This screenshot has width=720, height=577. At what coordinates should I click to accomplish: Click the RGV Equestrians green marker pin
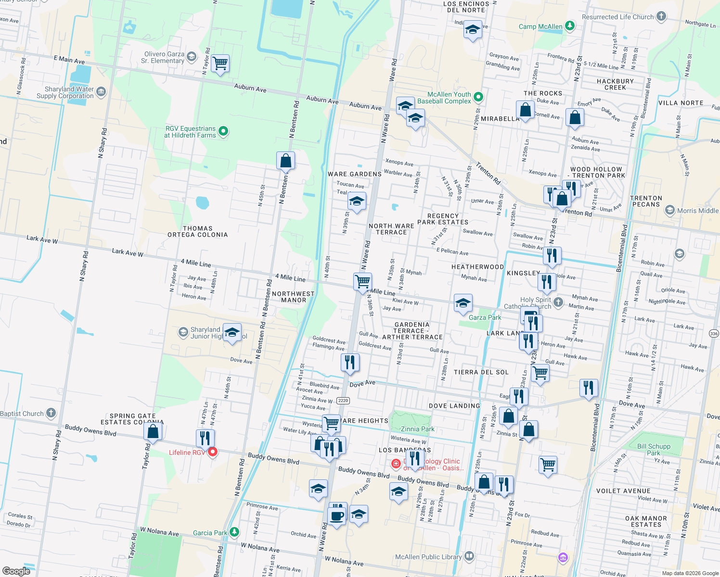(x=223, y=131)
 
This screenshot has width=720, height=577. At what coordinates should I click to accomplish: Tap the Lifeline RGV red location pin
(x=212, y=452)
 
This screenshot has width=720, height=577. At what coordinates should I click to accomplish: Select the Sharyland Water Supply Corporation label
(x=65, y=92)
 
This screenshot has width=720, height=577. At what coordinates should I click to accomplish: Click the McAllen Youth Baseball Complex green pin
(x=478, y=97)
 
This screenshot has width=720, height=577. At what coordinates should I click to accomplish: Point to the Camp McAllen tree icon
(x=570, y=25)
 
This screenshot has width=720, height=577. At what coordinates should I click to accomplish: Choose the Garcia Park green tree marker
(x=234, y=532)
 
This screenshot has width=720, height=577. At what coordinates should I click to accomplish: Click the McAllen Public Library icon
(x=469, y=556)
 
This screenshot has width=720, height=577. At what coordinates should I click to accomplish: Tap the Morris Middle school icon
(x=669, y=210)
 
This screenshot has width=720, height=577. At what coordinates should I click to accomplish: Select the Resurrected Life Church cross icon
(x=661, y=16)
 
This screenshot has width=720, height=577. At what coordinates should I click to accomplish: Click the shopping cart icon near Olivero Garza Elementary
(x=220, y=63)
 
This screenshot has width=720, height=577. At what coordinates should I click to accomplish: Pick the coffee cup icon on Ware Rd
(x=336, y=516)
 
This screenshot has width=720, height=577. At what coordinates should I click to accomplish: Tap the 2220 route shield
(x=343, y=401)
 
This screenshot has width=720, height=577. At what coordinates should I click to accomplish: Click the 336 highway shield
(x=713, y=333)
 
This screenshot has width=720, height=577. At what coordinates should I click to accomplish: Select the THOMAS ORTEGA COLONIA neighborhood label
(x=198, y=232)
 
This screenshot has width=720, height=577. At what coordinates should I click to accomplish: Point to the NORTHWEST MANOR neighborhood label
(x=293, y=297)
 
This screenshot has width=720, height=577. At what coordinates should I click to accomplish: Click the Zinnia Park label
(x=417, y=429)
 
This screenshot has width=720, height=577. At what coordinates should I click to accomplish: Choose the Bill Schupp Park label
(x=654, y=450)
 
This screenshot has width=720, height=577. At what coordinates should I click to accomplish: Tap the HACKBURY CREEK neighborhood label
(x=615, y=84)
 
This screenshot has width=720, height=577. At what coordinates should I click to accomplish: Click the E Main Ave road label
(x=69, y=60)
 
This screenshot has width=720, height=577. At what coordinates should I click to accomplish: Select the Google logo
(x=16, y=571)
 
